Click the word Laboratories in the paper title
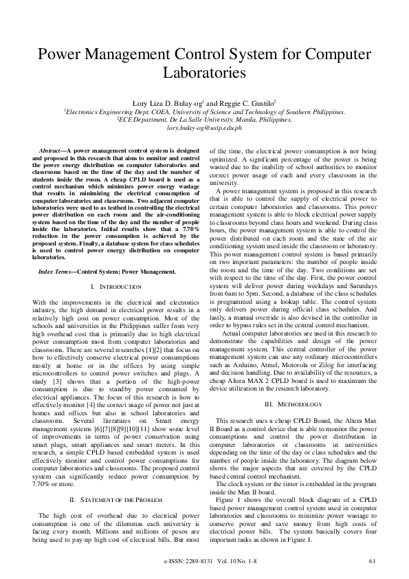pyautogui.click(x=204, y=72)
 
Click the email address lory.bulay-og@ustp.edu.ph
pyautogui.click(x=204, y=127)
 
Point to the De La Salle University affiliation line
pyautogui.click(x=204, y=118)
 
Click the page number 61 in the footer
pyautogui.click(x=372, y=561)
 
